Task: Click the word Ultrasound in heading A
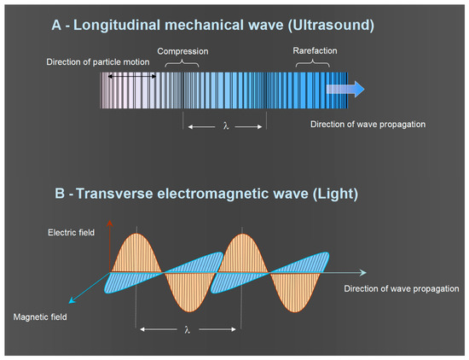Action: point(331,25)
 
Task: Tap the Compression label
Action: point(182,51)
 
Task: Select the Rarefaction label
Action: point(315,51)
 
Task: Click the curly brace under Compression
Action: point(182,63)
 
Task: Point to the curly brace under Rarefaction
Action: point(313,63)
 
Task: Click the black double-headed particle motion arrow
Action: point(132,77)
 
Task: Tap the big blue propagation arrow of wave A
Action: point(345,90)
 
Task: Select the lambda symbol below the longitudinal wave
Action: point(226,125)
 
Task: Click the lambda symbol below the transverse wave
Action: point(188,329)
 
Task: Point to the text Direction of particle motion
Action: point(98,62)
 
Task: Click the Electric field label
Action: point(71,233)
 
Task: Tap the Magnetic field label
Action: point(40,316)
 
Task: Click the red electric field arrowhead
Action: point(110,224)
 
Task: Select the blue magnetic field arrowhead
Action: point(72,300)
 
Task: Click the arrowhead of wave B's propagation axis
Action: point(362,272)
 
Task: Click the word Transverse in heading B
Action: point(114,194)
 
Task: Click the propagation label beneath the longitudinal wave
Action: point(368,125)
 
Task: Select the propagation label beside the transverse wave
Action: point(402,289)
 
